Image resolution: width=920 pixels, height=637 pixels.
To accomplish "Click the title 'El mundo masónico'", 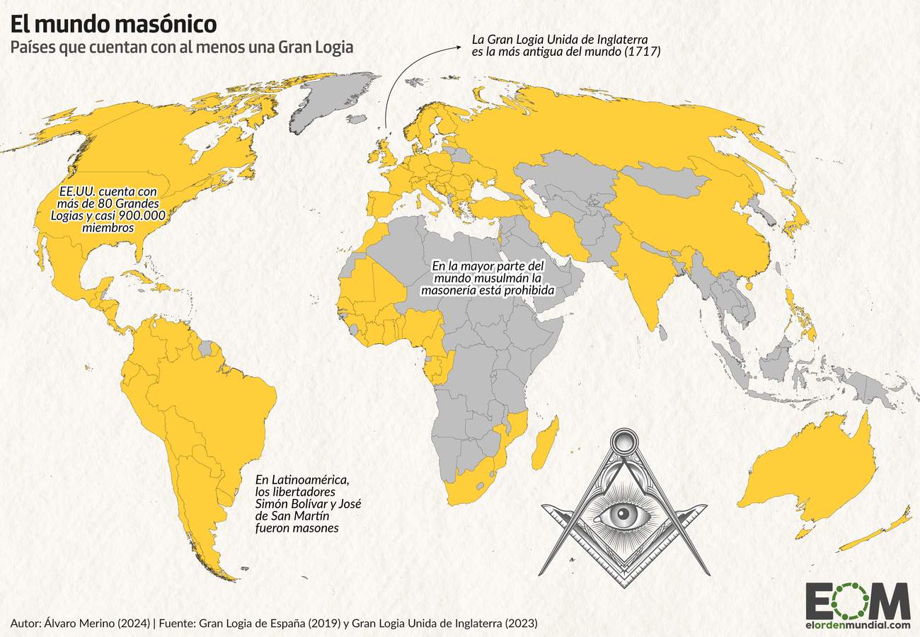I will point(113,23).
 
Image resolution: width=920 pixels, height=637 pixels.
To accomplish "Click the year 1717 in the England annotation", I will point(642,51).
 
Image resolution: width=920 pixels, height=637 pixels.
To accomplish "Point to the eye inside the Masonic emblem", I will point(625,513).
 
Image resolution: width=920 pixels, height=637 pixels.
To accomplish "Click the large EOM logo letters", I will point(857,602).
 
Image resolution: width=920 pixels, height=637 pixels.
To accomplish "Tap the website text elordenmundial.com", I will point(857,625).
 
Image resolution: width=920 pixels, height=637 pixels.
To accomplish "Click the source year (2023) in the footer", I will point(522,624).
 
